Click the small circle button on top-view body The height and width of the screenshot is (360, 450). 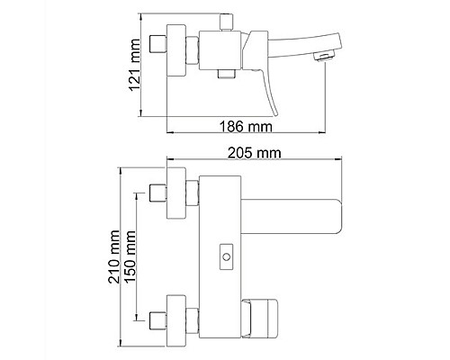[x=226, y=257]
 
